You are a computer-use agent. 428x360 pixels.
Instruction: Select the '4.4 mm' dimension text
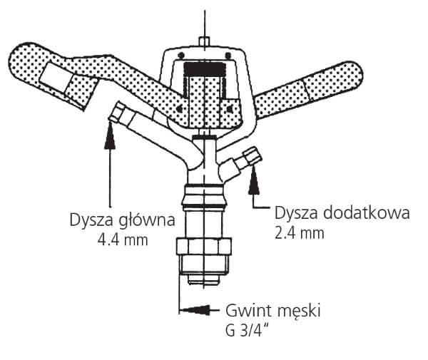[x=122, y=240]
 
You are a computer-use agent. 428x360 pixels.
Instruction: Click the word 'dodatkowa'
[x=363, y=213]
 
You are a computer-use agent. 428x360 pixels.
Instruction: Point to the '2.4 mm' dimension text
[x=299, y=233]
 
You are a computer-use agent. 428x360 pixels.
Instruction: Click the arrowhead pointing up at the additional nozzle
[x=253, y=185]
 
